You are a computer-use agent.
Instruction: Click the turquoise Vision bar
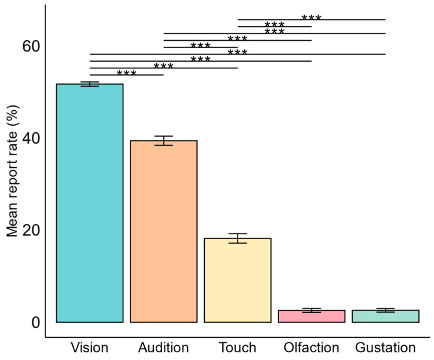click(x=89, y=203)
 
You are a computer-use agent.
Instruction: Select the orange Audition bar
click(x=163, y=231)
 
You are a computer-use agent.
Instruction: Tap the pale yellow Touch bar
click(x=238, y=280)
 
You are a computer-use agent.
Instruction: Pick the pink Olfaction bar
click(x=311, y=316)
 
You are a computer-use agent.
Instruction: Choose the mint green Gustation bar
click(x=386, y=316)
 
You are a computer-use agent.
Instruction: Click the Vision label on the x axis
click(x=89, y=347)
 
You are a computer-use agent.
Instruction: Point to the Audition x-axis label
click(x=163, y=347)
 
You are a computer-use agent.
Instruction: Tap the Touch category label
click(x=238, y=347)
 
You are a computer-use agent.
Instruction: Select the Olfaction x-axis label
click(x=311, y=347)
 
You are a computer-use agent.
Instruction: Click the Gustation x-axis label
click(x=386, y=347)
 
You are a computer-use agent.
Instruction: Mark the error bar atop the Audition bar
click(x=163, y=141)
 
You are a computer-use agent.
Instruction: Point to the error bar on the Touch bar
click(x=238, y=238)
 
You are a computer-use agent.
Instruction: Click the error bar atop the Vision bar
click(x=89, y=84)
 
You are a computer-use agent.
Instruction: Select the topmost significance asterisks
click(x=311, y=17)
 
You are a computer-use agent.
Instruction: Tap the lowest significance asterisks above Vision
click(x=126, y=73)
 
